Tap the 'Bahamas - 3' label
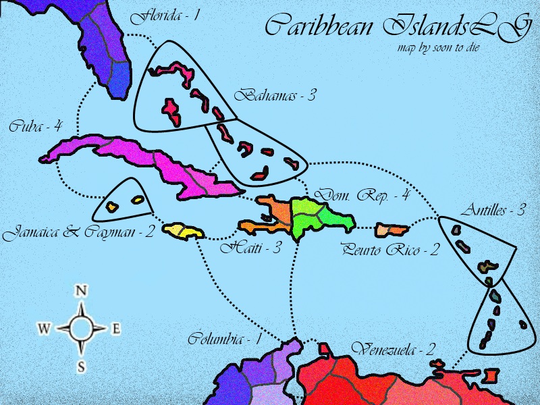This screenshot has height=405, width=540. pyautogui.click(x=275, y=96)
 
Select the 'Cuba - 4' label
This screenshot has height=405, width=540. pyautogui.click(x=36, y=126)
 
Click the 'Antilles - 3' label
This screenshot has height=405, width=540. pyautogui.click(x=493, y=211)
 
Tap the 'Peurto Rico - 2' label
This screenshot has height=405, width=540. pyautogui.click(x=390, y=250)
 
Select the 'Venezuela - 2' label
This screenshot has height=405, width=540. pyautogui.click(x=394, y=349)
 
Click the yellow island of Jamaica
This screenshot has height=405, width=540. pyautogui.click(x=184, y=232)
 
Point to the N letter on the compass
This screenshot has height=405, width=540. pyautogui.click(x=82, y=291)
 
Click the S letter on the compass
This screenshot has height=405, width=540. pyautogui.click(x=81, y=367)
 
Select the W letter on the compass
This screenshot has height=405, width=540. pyautogui.click(x=44, y=329)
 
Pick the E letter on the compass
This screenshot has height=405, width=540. pyautogui.click(x=115, y=329)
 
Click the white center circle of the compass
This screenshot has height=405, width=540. pyautogui.click(x=81, y=329)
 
